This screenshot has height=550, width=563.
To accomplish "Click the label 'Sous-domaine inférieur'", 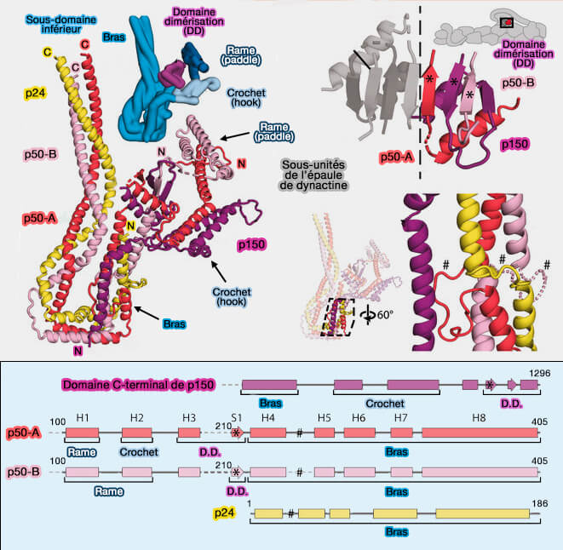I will [49, 26].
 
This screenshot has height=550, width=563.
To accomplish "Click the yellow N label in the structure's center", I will [130, 226].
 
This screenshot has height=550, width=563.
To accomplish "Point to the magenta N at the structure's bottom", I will [78, 350].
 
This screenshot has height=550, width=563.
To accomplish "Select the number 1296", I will [541, 373].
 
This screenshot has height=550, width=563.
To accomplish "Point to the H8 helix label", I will [480, 417].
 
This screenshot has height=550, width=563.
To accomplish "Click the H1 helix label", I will [83, 417].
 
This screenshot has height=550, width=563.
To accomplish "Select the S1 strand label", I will [237, 417].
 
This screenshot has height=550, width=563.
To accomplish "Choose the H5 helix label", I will [324, 417].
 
